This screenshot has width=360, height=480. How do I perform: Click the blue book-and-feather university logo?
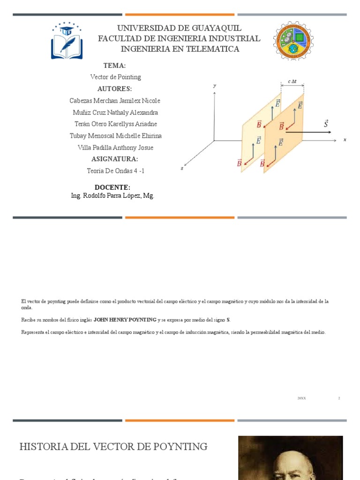pos(67,41)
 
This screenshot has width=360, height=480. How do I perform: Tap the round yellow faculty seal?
pos(293,41)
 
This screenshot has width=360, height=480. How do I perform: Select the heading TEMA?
pos(115,65)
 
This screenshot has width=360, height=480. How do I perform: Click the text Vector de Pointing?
pos(115,77)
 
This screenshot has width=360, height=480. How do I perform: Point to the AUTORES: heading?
pos(115,89)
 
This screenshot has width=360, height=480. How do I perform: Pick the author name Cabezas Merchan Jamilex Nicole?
pos(115,101)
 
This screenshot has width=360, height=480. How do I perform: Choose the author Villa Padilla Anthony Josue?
pos(115,148)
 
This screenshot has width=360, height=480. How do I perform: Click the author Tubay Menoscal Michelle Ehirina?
pos(115,136)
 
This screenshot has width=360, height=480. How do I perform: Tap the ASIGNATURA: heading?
pos(115,159)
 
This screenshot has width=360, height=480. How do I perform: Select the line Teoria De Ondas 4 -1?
pos(115,171)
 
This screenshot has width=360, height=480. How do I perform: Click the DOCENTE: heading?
pos(112,187)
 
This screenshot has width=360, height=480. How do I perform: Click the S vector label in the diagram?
pos(326,124)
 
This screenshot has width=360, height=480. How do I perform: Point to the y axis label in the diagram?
pos(214,86)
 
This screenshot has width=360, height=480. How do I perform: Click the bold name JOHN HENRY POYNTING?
pos(125,320)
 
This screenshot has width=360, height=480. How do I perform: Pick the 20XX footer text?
pos(301,398)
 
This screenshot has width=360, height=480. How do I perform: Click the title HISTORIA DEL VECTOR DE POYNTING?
pos(113,447)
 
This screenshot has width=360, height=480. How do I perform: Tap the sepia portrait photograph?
pos(290,458)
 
